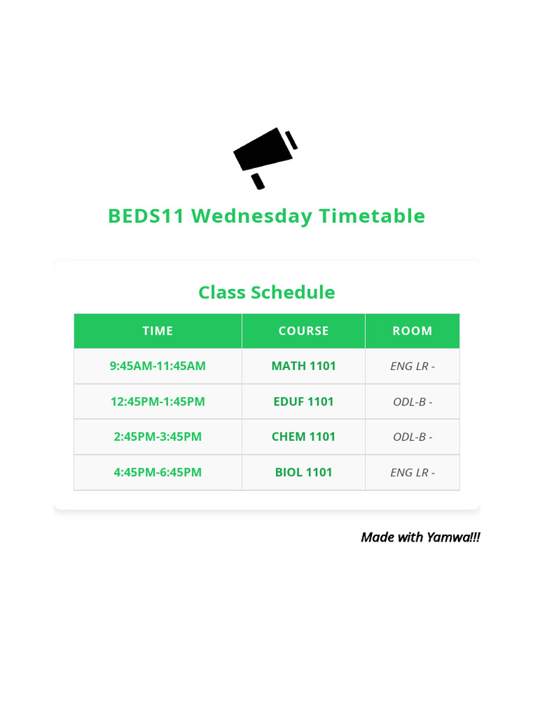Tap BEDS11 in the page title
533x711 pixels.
tap(146, 216)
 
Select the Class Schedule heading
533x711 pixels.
tap(266, 292)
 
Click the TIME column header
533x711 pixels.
tap(158, 331)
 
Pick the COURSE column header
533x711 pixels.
tap(303, 331)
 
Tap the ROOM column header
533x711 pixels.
tap(412, 331)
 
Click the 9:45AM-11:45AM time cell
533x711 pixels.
tap(158, 366)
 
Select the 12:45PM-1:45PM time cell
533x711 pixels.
tap(158, 401)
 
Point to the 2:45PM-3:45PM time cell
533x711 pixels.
tap(158, 437)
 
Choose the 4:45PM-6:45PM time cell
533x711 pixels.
tap(158, 472)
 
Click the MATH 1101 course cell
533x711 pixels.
tap(303, 366)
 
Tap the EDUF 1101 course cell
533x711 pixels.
tap(303, 401)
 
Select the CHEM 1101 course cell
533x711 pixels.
tap(303, 437)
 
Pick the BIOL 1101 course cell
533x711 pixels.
tap(303, 472)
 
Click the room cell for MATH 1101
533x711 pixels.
tap(412, 366)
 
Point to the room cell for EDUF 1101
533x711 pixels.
tap(412, 401)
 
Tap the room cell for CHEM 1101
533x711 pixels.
tap(412, 437)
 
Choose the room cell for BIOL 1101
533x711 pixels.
tap(412, 472)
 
